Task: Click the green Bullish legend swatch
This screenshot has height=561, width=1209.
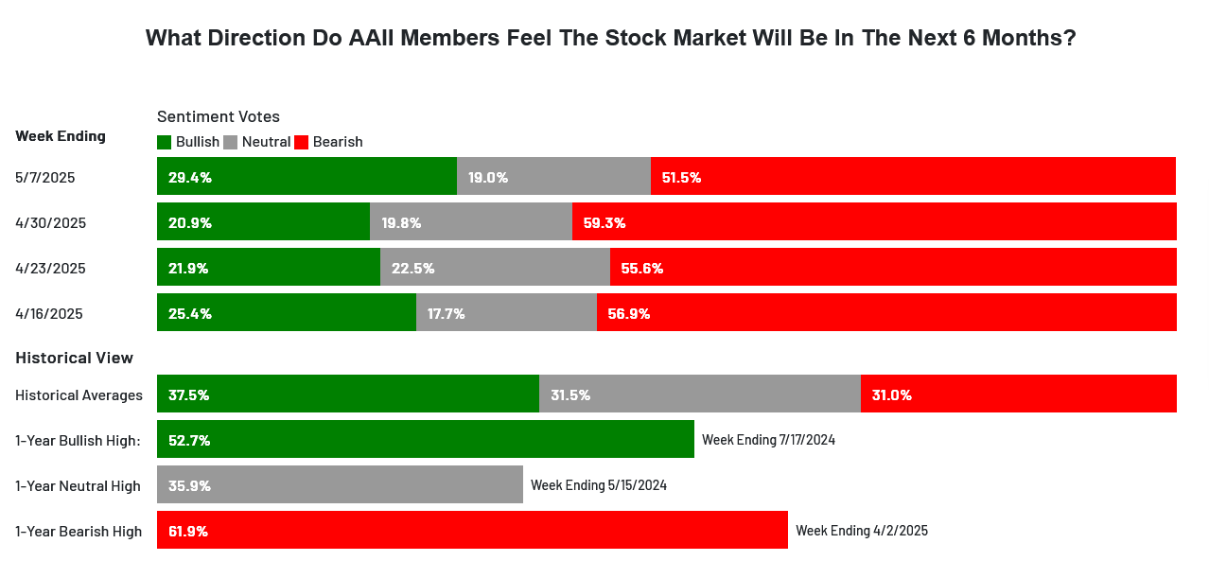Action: click(x=164, y=142)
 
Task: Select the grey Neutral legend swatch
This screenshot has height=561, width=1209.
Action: click(x=231, y=142)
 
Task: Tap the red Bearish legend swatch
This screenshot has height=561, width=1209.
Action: click(x=301, y=142)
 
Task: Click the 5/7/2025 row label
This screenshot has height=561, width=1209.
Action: click(x=44, y=178)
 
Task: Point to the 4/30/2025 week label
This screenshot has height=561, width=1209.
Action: click(x=51, y=223)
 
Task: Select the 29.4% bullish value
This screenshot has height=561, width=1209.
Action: click(x=190, y=178)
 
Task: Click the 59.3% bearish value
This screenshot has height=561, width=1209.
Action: click(x=604, y=223)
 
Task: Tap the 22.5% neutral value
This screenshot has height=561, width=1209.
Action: click(x=412, y=269)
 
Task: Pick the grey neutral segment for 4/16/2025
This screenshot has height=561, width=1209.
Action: click(x=506, y=312)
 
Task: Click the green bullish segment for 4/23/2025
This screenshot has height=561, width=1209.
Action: click(x=269, y=267)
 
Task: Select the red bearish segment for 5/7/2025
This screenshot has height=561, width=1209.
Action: click(x=913, y=176)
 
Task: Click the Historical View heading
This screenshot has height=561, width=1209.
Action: click(x=74, y=358)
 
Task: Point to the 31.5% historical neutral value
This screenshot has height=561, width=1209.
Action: click(x=570, y=395)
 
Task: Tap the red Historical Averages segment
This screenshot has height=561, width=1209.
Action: click(x=1019, y=394)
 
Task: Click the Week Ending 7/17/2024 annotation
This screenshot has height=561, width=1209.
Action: click(x=768, y=440)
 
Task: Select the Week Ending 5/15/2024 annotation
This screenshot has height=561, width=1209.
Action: click(x=599, y=485)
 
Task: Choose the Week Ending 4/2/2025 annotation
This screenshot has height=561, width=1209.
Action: click(x=862, y=531)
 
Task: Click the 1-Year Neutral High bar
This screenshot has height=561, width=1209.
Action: click(x=340, y=484)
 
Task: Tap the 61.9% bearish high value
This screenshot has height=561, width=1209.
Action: click(x=188, y=532)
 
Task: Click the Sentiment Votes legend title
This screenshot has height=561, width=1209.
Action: click(x=218, y=116)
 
